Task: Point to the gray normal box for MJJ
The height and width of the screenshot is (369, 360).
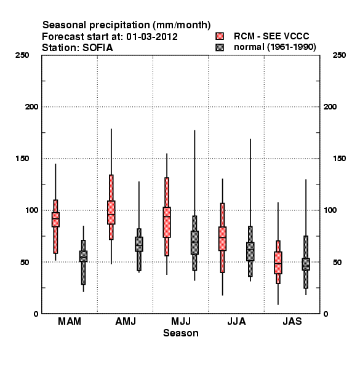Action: tap(194, 242)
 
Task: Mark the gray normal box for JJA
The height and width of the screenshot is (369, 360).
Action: tap(250, 252)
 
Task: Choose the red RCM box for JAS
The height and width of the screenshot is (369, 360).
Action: tap(278, 263)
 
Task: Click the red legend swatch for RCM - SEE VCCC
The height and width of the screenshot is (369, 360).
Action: tap(220, 36)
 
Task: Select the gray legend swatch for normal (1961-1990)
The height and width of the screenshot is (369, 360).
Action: tap(220, 47)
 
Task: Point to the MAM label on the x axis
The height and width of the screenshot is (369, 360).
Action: tap(70, 321)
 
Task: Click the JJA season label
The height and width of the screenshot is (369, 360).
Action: tap(236, 321)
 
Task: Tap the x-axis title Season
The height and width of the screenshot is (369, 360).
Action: tap(181, 333)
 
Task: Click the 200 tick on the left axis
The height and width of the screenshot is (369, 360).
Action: tap(31, 107)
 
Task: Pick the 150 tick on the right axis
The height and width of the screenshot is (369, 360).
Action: tap(339, 159)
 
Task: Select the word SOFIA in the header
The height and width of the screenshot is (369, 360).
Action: tap(98, 48)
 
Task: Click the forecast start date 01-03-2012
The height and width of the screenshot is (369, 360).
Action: tap(152, 37)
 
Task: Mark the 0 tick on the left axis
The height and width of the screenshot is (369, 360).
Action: tap(36, 314)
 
